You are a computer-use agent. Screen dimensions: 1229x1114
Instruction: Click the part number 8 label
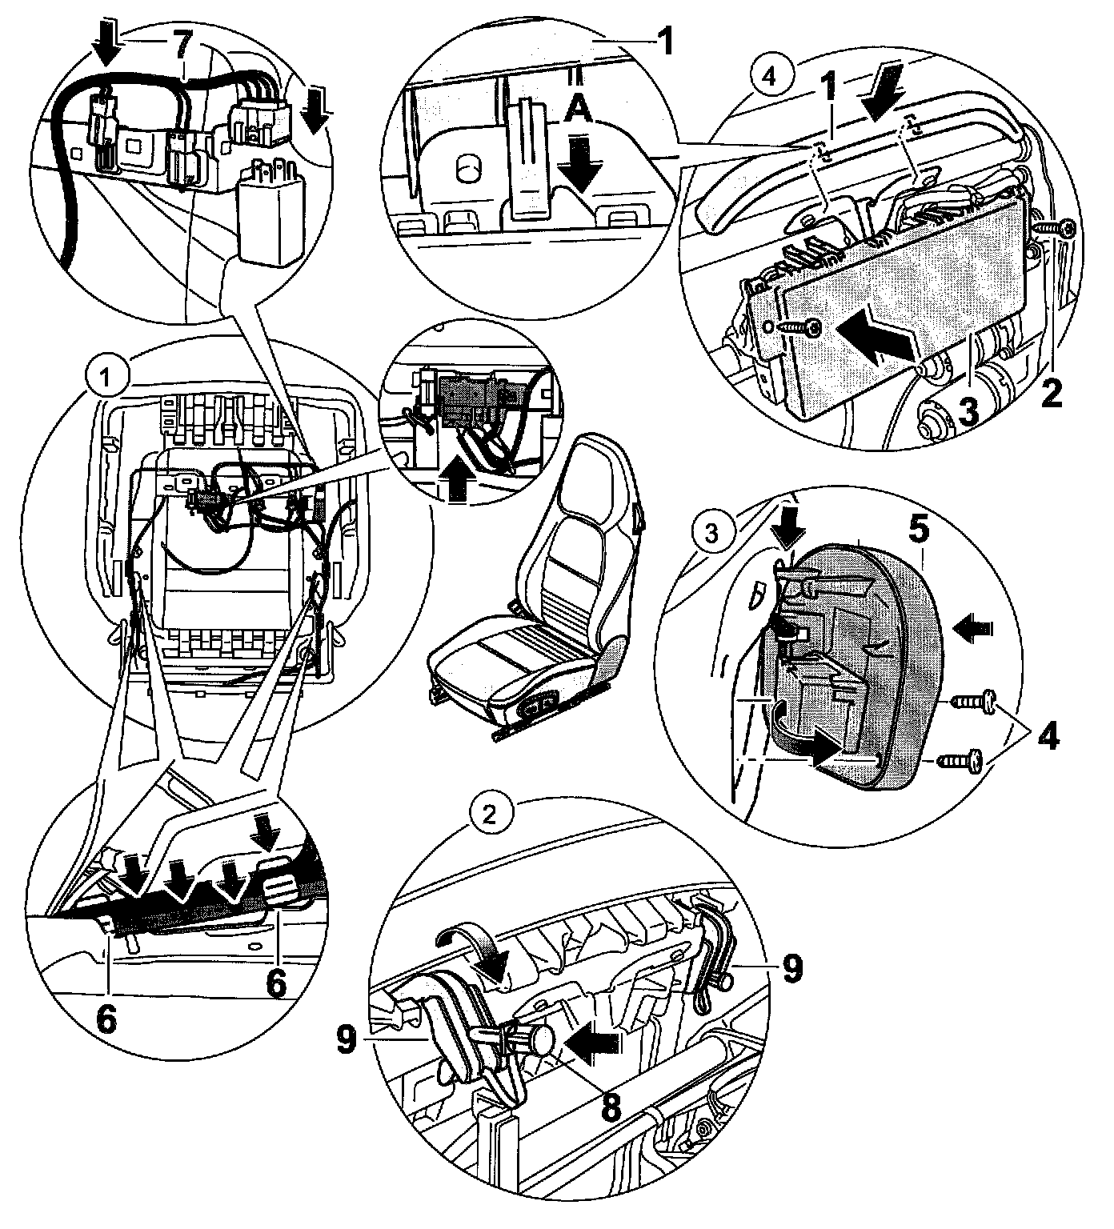[610, 1108]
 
